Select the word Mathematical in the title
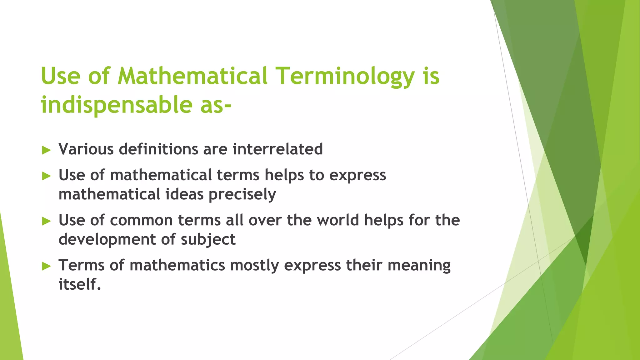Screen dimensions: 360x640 (x=193, y=76)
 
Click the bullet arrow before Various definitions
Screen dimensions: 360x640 (x=46, y=150)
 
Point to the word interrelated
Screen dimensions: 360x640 (x=277, y=149)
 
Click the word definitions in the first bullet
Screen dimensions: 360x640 (x=158, y=149)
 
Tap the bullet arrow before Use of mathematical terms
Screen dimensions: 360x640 (x=46, y=176)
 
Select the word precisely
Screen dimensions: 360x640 (x=242, y=194)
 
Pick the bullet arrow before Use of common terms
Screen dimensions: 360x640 (x=46, y=222)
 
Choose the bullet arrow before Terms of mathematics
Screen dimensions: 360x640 (x=46, y=267)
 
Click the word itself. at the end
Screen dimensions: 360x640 (x=80, y=284)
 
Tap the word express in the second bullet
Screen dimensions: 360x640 (x=358, y=175)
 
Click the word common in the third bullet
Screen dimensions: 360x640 (x=141, y=220)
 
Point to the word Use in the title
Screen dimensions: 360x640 (x=61, y=76)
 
